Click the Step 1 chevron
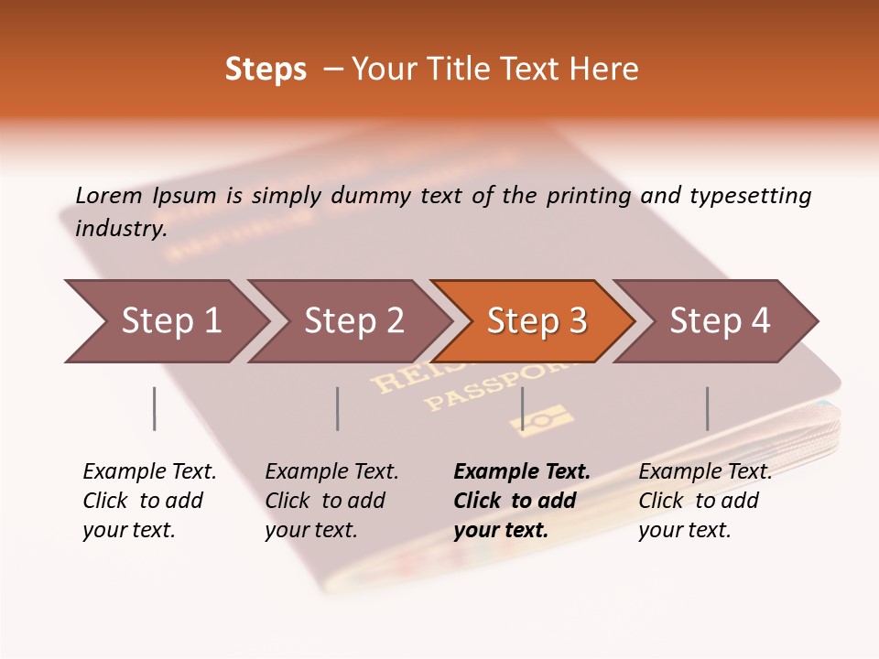click(170, 321)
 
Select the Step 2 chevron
click(353, 321)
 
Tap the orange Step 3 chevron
click(537, 321)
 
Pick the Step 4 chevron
click(720, 321)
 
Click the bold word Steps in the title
click(266, 69)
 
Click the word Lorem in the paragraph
click(109, 195)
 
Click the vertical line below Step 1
click(155, 408)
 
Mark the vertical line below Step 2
click(338, 408)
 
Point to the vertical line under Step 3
click(522, 408)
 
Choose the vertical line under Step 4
click(707, 408)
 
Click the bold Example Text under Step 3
click(522, 472)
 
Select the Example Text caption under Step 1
click(149, 472)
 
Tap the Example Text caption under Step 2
click(331, 472)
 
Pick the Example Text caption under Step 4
click(705, 472)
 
